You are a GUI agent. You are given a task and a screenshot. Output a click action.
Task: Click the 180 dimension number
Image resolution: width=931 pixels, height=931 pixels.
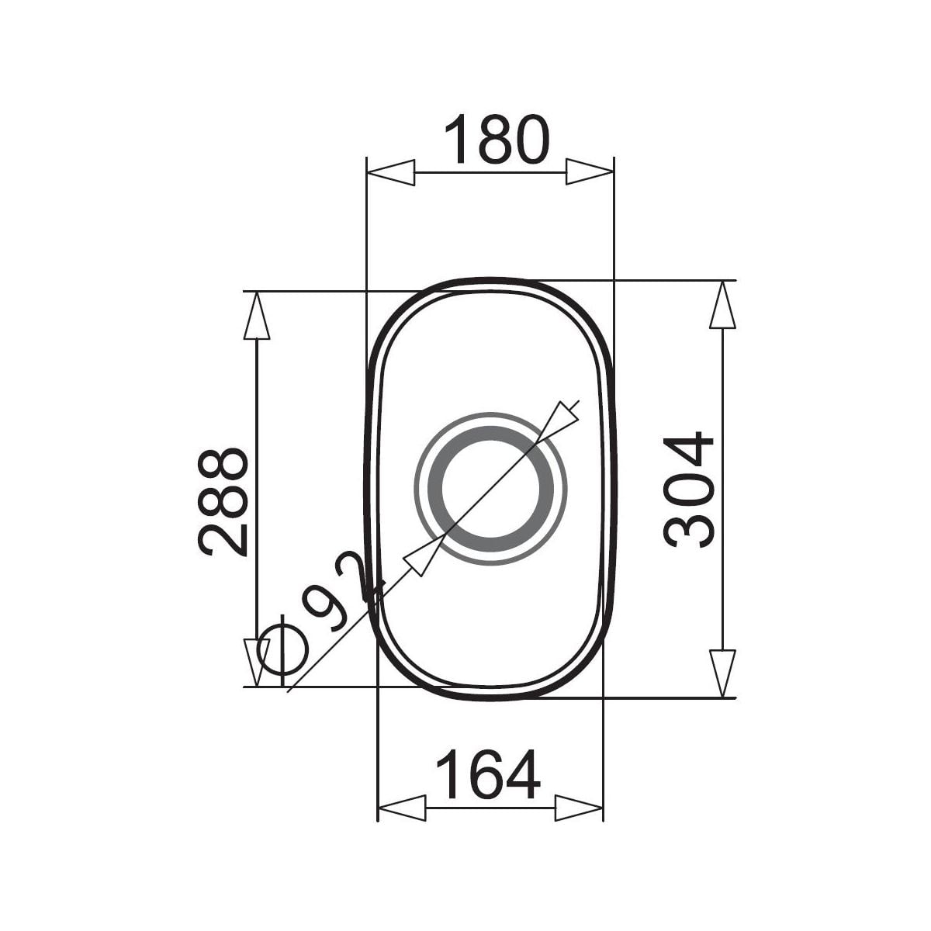[497, 139]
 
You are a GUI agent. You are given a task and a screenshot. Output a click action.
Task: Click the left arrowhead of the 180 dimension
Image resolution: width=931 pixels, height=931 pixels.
[391, 172]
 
